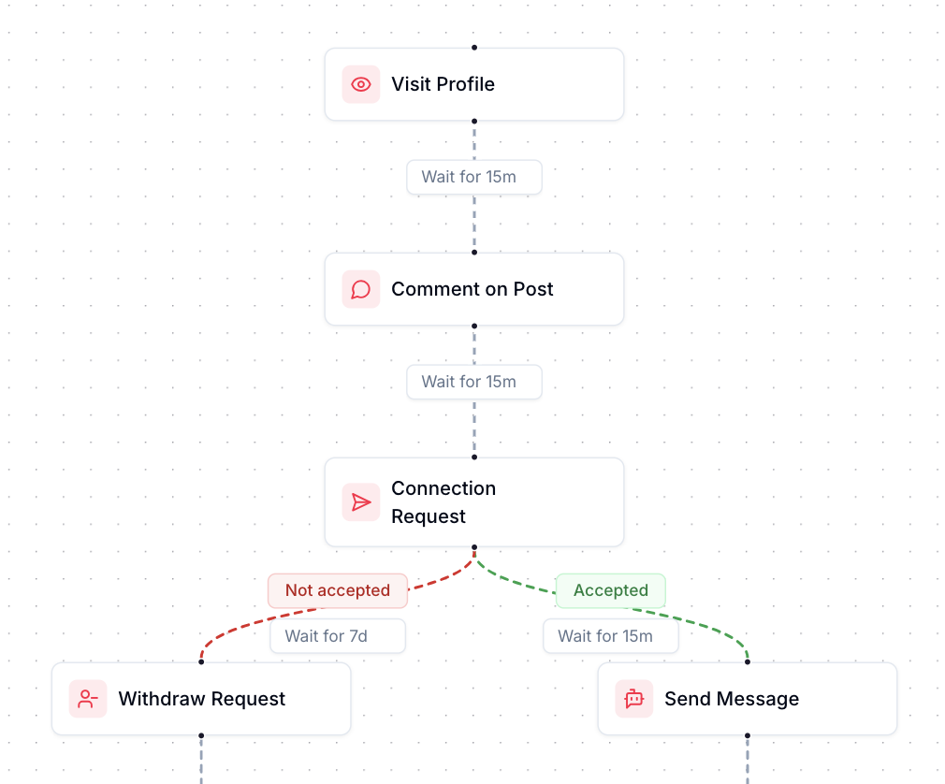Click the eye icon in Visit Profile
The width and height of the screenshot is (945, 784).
click(361, 84)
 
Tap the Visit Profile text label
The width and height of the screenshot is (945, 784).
click(443, 84)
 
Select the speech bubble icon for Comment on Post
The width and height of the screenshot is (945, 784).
click(361, 289)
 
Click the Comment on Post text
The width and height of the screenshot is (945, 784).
click(472, 289)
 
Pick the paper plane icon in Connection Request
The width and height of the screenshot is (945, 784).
click(361, 502)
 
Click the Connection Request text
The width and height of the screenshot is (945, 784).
click(443, 502)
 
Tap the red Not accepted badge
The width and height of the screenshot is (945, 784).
click(337, 590)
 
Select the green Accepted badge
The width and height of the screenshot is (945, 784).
click(610, 590)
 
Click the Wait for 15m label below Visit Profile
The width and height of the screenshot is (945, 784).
click(473, 177)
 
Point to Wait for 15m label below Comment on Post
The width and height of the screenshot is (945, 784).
click(473, 382)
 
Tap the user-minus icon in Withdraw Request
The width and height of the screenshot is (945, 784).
click(88, 699)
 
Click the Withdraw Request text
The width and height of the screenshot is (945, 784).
click(201, 699)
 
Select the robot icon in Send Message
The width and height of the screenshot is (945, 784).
click(634, 699)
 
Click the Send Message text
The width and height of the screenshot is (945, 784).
click(731, 699)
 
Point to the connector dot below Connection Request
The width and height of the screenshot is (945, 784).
click(474, 547)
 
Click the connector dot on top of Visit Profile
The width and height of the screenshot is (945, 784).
click(474, 48)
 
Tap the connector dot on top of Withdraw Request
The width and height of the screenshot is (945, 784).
click(201, 662)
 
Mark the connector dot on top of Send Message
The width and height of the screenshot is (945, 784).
click(748, 662)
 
